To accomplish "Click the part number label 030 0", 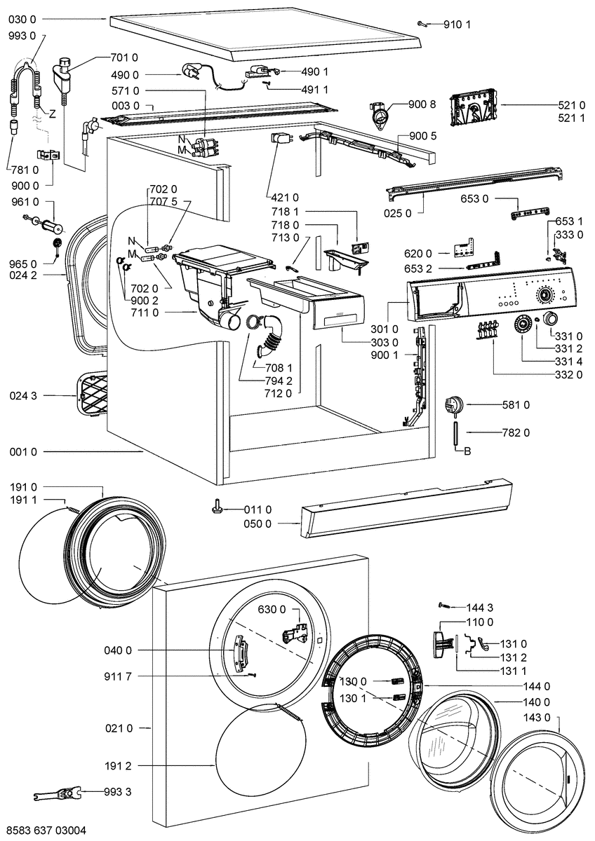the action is pyautogui.click(x=22, y=19).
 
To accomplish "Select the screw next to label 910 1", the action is pyautogui.click(x=422, y=25).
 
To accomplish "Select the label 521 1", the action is pyautogui.click(x=571, y=118).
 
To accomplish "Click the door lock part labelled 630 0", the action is pyautogui.click(x=295, y=634).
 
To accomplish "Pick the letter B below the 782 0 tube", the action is pyautogui.click(x=467, y=451).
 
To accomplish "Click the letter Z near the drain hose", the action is pyautogui.click(x=52, y=114).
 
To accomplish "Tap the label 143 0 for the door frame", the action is pyautogui.click(x=536, y=718).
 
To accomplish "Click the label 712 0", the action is pyautogui.click(x=278, y=393).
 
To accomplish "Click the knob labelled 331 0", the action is pyautogui.click(x=550, y=319).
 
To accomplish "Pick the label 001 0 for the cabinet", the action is pyautogui.click(x=23, y=451).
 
